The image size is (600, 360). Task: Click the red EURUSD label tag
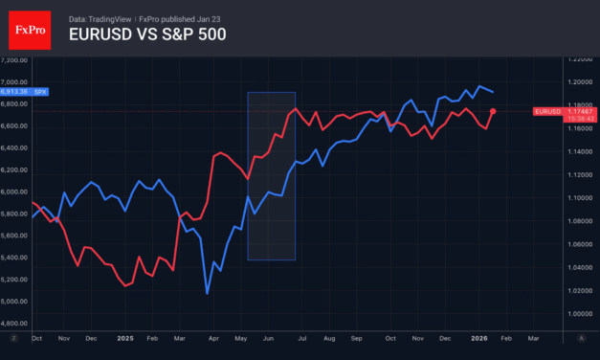coord(547,111)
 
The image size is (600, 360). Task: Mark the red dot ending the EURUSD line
coord(493,111)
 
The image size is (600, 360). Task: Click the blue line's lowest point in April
coord(208,293)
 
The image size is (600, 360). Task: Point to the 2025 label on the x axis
coord(125,338)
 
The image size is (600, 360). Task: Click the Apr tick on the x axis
coord(211,338)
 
